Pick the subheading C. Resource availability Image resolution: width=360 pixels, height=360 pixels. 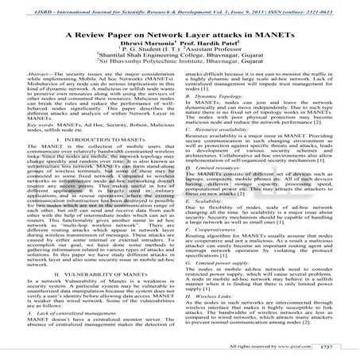[x=223, y=153]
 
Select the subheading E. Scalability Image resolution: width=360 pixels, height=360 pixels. [x=210, y=224]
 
